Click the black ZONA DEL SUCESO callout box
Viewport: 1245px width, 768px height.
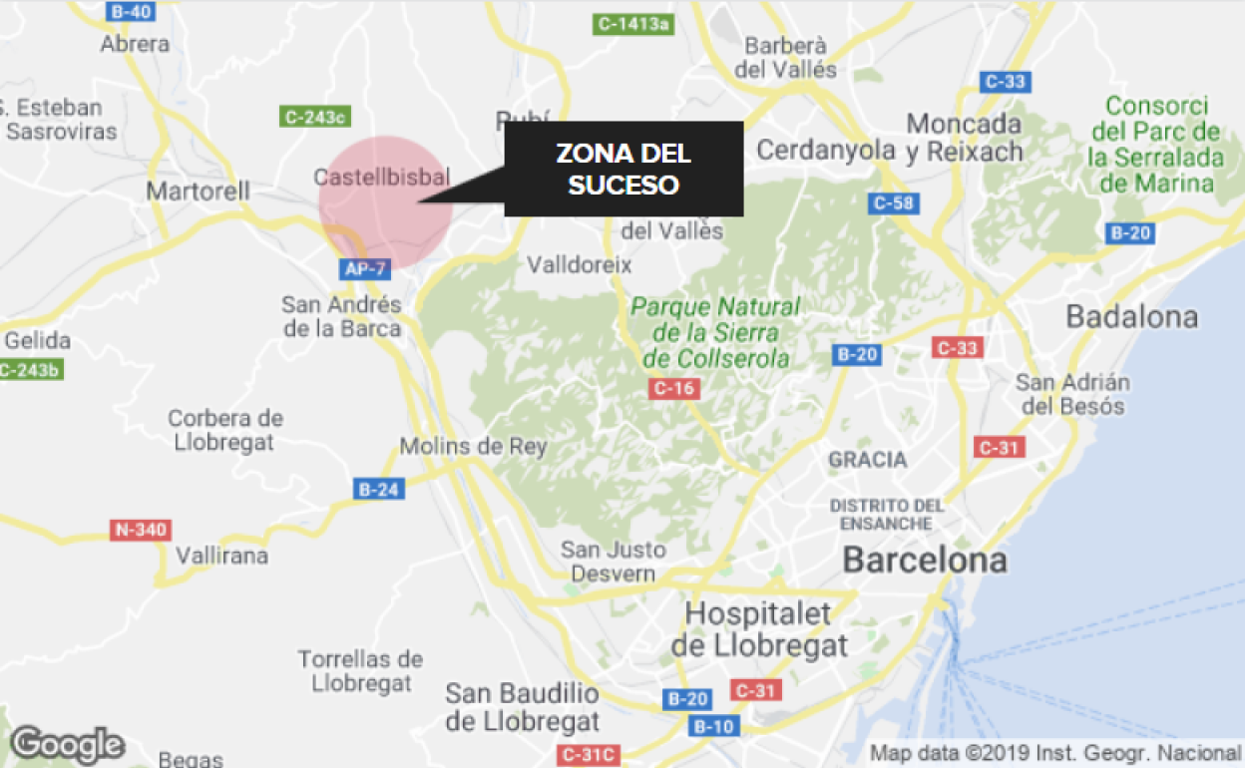(623, 169)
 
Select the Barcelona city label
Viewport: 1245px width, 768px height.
(925, 560)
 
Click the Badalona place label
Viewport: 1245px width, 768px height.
(1131, 317)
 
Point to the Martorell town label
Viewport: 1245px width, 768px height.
(198, 190)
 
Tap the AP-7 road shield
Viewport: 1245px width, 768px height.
(364, 268)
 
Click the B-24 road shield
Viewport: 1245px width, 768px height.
(380, 489)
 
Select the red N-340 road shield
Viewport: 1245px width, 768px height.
(140, 530)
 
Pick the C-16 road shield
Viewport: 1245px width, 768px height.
(673, 388)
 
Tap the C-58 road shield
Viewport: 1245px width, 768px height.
(893, 203)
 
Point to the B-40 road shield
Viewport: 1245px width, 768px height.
(131, 12)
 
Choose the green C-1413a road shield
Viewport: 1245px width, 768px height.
(632, 23)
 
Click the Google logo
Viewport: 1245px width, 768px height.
(67, 744)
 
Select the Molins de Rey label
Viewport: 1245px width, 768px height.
(473, 446)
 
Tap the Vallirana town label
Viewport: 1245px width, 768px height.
(221, 556)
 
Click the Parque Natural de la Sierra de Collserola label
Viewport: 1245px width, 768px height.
(716, 332)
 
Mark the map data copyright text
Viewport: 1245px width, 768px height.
(1054, 752)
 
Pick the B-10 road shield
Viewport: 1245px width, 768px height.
(714, 726)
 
